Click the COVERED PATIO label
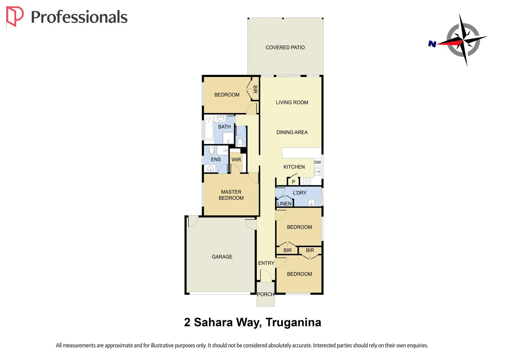[285, 48]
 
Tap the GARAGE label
[222, 257]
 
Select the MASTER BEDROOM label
[231, 195]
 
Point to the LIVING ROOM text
[292, 103]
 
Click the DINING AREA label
[292, 132]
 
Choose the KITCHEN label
[294, 167]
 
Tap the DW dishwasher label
[317, 162]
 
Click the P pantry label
[293, 182]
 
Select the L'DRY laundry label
[299, 193]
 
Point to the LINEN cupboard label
[284, 204]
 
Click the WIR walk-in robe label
[236, 160]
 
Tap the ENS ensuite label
[216, 160]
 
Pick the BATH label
[224, 127]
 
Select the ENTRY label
[266, 263]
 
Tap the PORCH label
[265, 294]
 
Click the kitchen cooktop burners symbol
[307, 181]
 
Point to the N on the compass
[432, 44]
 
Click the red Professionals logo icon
[15, 16]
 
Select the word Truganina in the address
[293, 323]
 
